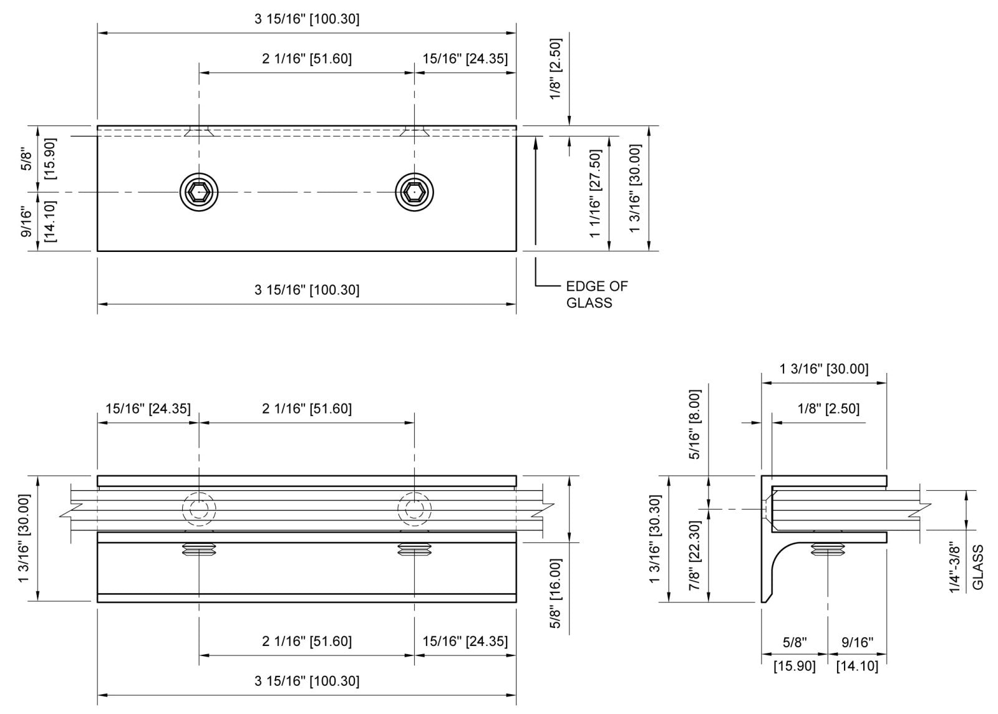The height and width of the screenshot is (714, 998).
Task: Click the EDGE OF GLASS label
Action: [596, 294]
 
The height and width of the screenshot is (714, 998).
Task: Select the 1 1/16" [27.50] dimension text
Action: [595, 193]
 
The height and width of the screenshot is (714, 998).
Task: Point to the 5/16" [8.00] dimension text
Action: [695, 424]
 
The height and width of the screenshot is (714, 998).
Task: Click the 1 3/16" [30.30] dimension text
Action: [655, 539]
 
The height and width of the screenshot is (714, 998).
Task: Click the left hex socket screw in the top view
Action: [200, 193]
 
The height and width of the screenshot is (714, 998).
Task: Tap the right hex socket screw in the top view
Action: [415, 193]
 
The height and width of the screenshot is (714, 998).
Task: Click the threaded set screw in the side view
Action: [828, 549]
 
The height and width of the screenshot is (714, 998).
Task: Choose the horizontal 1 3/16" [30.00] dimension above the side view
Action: [823, 369]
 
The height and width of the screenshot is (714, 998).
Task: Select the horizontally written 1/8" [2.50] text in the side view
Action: [828, 408]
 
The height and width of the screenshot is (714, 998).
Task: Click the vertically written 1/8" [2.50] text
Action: [555, 69]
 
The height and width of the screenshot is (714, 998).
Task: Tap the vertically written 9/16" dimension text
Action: [27, 222]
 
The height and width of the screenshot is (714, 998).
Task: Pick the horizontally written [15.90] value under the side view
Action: [794, 666]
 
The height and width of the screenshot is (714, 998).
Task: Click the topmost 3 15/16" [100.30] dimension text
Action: [307, 19]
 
